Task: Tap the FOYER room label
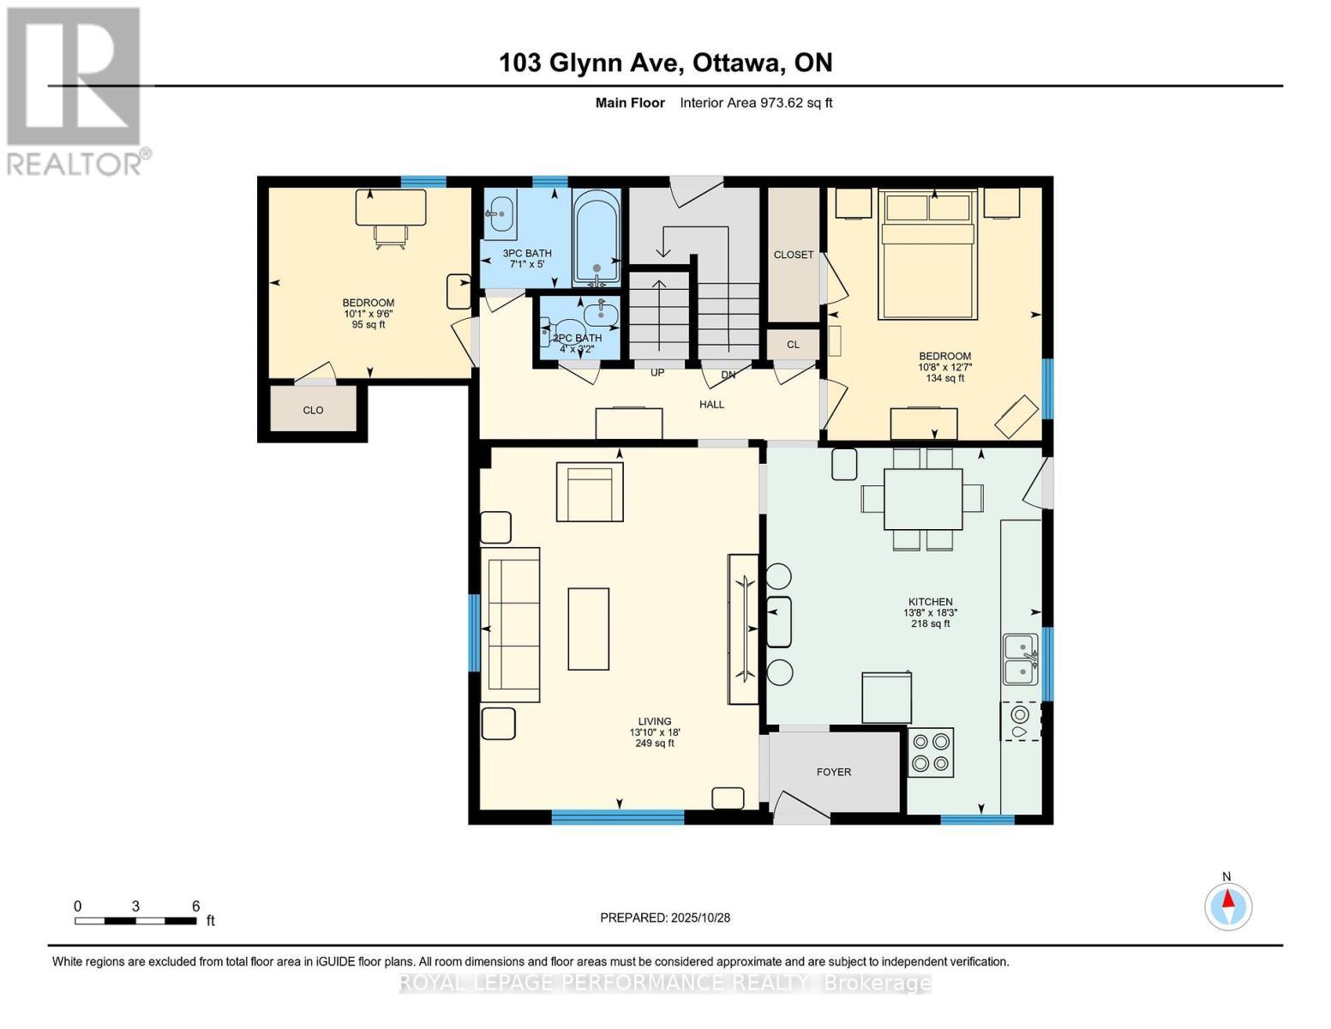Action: click(x=833, y=772)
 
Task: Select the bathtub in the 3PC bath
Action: click(x=596, y=238)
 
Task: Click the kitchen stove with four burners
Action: click(x=930, y=752)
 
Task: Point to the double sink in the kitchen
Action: click(x=1020, y=659)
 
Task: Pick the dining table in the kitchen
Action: click(x=922, y=498)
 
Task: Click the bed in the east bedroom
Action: click(x=926, y=255)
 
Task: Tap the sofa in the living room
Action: click(x=512, y=624)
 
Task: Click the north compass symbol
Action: click(x=1228, y=906)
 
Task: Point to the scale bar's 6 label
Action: click(x=195, y=906)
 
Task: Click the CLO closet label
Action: click(x=313, y=410)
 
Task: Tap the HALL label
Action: click(x=711, y=404)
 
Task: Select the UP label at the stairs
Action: click(x=657, y=372)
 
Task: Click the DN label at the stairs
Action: click(x=728, y=375)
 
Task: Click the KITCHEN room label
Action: click(x=930, y=602)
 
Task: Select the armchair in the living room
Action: click(x=590, y=491)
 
